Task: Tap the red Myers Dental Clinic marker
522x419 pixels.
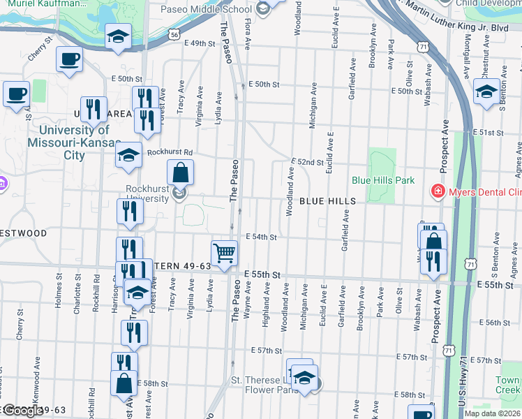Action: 438,191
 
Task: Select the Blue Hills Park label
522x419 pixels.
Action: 383,180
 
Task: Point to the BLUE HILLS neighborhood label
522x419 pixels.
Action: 328,201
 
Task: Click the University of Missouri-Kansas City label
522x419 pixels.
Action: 74,143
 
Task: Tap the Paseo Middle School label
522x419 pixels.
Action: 205,10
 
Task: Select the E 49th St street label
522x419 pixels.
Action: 200,43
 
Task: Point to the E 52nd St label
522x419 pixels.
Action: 308,162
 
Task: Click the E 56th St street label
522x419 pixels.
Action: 498,323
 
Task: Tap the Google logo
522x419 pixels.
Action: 22,411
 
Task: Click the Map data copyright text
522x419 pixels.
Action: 491,413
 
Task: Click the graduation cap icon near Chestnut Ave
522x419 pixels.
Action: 486,91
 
